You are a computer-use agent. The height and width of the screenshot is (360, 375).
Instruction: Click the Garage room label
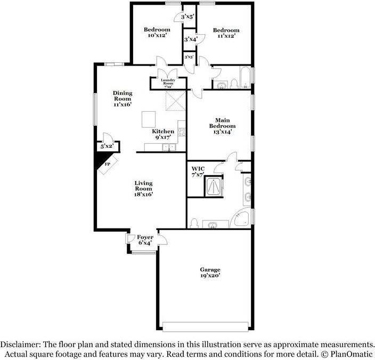210,273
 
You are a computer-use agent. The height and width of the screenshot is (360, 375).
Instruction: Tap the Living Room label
144,189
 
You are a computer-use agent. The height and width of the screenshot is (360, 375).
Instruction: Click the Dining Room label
122,99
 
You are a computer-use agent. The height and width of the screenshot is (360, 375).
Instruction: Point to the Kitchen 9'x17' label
163,134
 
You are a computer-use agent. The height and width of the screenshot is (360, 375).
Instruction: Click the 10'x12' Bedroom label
157,32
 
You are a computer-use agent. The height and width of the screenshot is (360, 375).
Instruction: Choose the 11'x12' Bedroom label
226,33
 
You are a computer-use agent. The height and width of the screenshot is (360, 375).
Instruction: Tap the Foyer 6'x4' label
145,240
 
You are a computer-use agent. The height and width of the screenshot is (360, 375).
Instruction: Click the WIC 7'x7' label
198,171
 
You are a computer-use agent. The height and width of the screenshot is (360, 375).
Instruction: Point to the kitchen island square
150,119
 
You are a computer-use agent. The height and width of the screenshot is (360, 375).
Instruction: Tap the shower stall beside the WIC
215,186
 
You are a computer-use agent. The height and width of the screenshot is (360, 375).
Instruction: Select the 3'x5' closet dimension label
188,17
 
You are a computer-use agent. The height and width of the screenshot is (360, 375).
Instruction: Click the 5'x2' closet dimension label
107,146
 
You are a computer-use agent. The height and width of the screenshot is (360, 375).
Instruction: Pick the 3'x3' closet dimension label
189,56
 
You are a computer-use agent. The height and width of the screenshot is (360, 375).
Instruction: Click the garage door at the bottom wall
206,325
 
